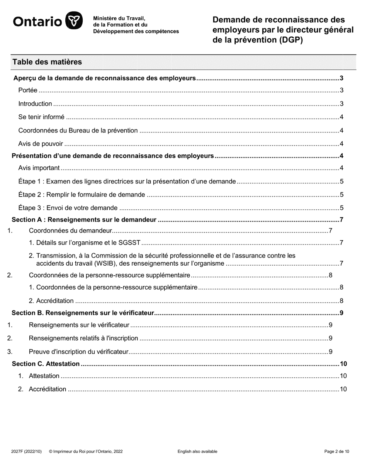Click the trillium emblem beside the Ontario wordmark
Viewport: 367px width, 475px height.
73,20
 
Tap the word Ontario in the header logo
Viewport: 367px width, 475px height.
37,22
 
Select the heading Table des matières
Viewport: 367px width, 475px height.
47,62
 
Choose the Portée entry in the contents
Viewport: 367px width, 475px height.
28,90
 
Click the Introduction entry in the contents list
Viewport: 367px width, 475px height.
35,104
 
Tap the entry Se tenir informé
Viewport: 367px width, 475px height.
41,117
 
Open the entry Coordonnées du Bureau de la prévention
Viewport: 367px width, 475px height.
78,131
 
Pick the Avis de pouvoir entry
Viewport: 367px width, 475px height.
41,144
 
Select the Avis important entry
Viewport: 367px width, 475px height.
39,168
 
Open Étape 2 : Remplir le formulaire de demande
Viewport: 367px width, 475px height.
82,195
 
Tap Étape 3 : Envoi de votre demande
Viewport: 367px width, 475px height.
68,208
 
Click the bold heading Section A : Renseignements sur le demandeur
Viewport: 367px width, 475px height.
84,220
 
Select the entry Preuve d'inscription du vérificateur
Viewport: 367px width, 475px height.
78,352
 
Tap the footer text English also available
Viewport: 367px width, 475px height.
197,451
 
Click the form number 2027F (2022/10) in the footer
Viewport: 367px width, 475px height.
27,451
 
